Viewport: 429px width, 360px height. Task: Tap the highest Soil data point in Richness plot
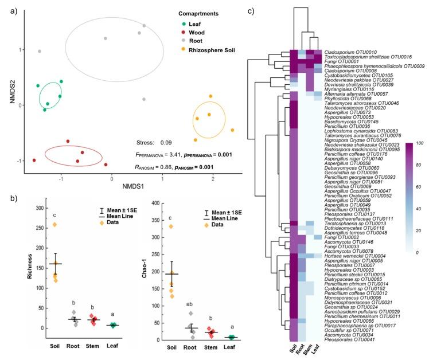point(70,224)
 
